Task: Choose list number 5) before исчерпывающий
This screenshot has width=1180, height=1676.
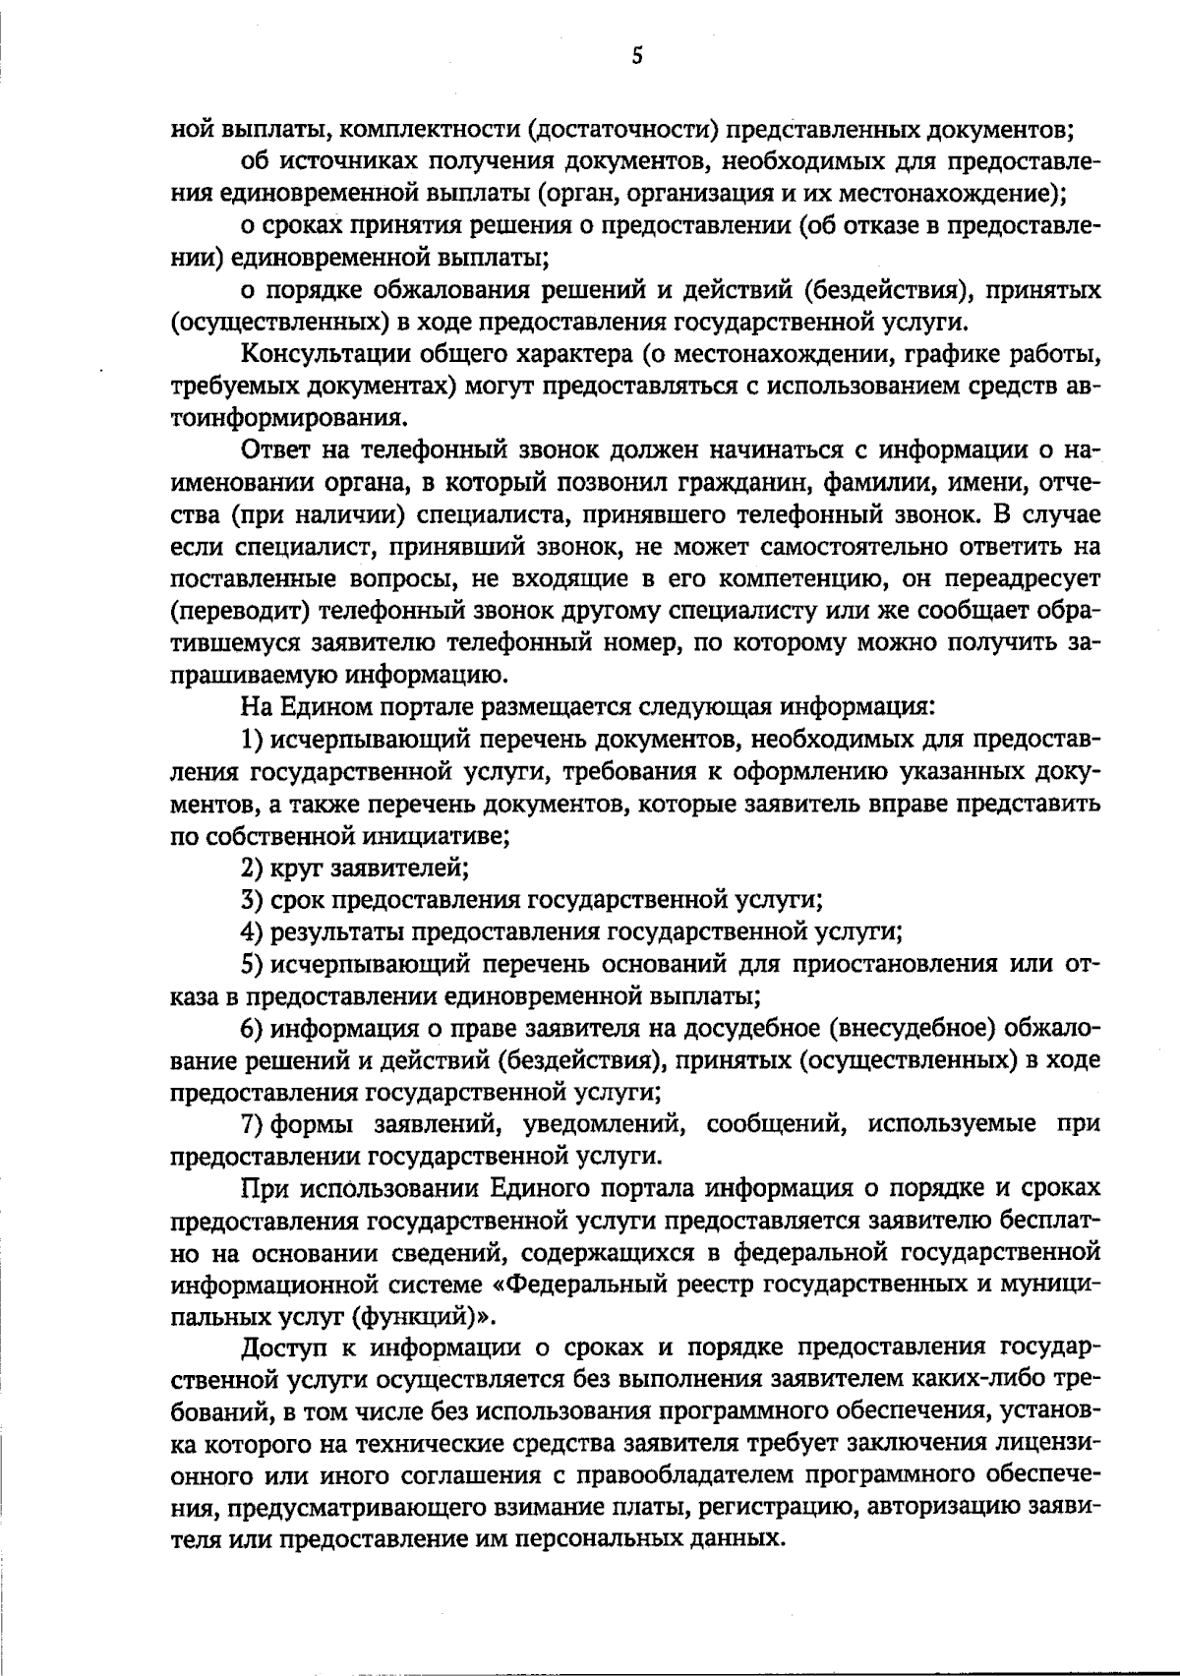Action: pyautogui.click(x=254, y=965)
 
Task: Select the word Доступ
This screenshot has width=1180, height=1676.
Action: pyautogui.click(x=280, y=1348)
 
